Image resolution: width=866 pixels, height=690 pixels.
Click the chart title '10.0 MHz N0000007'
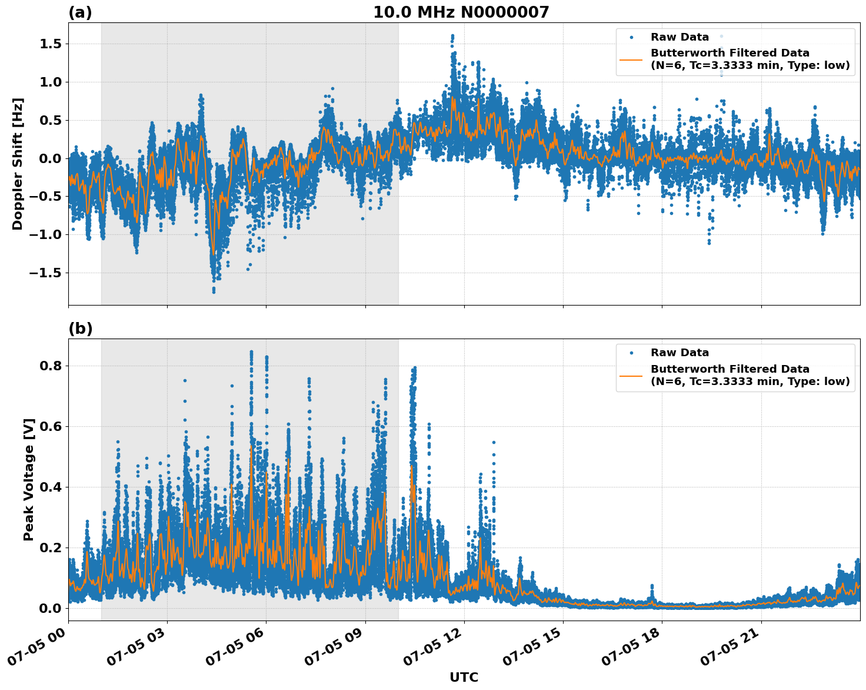tap(461, 12)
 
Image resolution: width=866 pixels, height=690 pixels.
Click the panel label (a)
tap(80, 12)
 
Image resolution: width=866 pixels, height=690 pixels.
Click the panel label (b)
tap(80, 329)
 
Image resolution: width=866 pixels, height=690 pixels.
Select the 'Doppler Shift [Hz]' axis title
tap(18, 164)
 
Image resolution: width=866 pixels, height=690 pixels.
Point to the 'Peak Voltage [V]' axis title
tap(29, 479)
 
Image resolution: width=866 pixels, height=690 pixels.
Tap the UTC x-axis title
tap(464, 677)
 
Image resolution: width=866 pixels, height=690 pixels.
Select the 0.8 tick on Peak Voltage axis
tap(54, 366)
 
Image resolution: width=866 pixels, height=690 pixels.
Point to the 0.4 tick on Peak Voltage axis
tap(54, 487)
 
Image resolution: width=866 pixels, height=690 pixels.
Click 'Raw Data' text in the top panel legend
tap(680, 37)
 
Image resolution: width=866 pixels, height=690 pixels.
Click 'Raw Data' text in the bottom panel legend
tap(680, 353)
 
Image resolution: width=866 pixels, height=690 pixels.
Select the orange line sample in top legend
tap(631, 59)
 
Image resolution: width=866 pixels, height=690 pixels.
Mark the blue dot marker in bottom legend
tap(631, 353)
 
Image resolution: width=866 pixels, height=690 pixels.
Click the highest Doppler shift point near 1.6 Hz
tap(452, 36)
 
